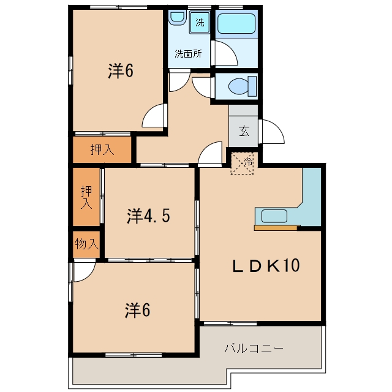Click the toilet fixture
[x=243, y=86]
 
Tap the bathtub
[x=236, y=23]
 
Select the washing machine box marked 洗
[x=200, y=23]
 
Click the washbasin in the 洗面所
[x=177, y=18]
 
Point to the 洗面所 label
[x=188, y=54]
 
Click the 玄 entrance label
[x=244, y=131]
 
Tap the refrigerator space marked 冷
[x=242, y=164]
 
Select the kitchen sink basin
[x=274, y=216]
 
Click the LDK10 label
[x=266, y=266]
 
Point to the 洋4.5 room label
[x=148, y=216]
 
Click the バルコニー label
[x=254, y=349]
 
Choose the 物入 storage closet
[x=86, y=244]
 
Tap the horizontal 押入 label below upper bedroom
[x=102, y=149]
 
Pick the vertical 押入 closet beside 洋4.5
[x=86, y=197]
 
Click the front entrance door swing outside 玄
[x=272, y=132]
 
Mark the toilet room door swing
[x=202, y=88]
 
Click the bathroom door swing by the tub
[x=224, y=53]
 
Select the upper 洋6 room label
[x=121, y=71]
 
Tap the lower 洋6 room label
[x=137, y=311]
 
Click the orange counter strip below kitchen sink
[x=277, y=228]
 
